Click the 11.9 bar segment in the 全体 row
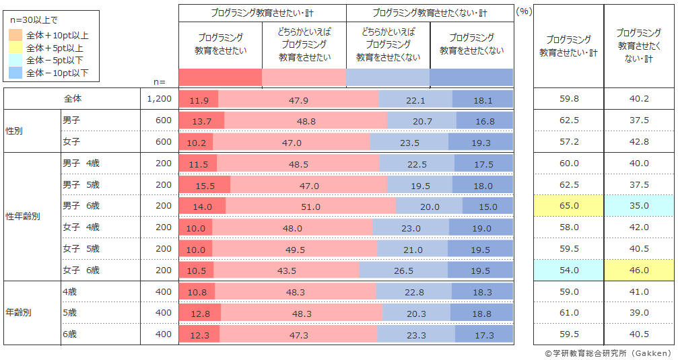point(199,100)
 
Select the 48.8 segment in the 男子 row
point(306,121)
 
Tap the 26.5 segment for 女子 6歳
point(403,271)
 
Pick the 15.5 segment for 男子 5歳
point(205,185)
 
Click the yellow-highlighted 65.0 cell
point(568,207)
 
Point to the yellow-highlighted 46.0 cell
point(639,271)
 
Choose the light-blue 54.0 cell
point(568,271)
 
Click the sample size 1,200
point(159,100)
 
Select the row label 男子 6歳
point(81,207)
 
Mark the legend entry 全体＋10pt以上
point(56,35)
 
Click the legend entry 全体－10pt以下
point(56,73)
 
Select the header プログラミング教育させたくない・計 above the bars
point(430,13)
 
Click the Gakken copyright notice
point(607,353)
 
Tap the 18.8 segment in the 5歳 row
point(481,314)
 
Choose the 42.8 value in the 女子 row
point(639,142)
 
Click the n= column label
point(159,81)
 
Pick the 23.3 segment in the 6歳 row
point(416,334)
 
